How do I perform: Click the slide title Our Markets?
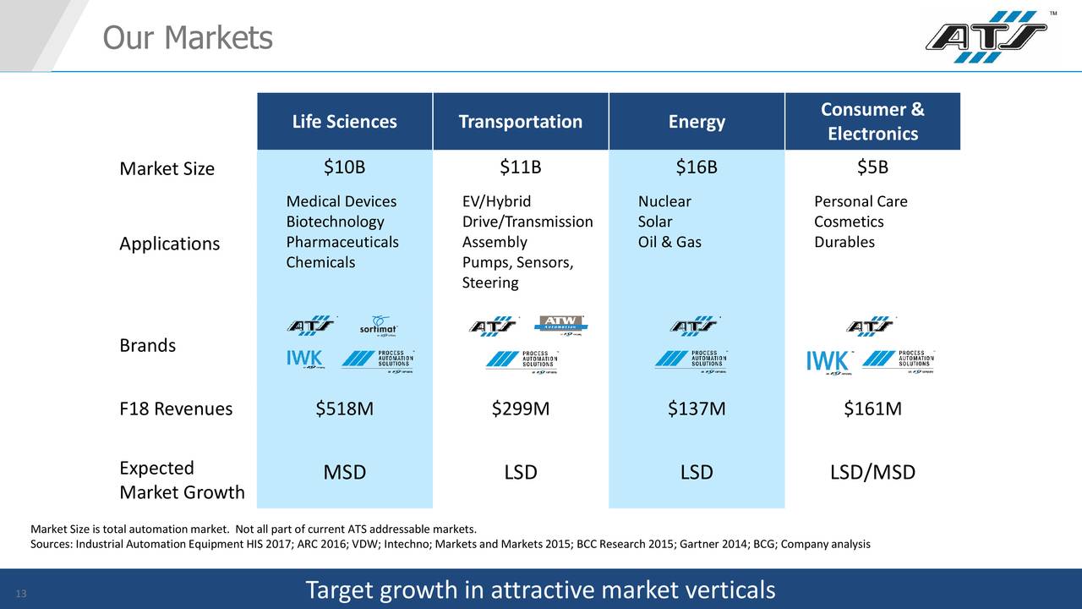pyautogui.click(x=187, y=37)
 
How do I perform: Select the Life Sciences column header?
pyautogui.click(x=344, y=122)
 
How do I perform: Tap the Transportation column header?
pyautogui.click(x=520, y=122)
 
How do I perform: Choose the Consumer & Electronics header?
pyautogui.click(x=872, y=122)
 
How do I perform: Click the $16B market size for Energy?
pyautogui.click(x=696, y=167)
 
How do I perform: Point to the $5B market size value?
pyautogui.click(x=872, y=167)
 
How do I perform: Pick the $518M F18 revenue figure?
pyautogui.click(x=344, y=409)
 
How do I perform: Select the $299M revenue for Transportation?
pyautogui.click(x=520, y=409)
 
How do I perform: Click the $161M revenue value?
pyautogui.click(x=872, y=409)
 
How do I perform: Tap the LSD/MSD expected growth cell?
pyautogui.click(x=872, y=472)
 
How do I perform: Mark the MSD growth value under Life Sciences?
pyautogui.click(x=344, y=472)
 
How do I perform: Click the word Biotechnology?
pyautogui.click(x=335, y=222)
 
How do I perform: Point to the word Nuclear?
pyautogui.click(x=664, y=201)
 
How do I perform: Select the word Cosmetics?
pyautogui.click(x=849, y=222)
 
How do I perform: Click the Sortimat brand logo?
pyautogui.click(x=378, y=326)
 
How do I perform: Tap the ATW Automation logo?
pyautogui.click(x=561, y=326)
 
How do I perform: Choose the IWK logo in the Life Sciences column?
pyautogui.click(x=304, y=360)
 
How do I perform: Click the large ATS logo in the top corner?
pyautogui.click(x=986, y=37)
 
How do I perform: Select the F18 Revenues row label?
pyautogui.click(x=176, y=409)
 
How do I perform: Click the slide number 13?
pyautogui.click(x=22, y=593)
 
